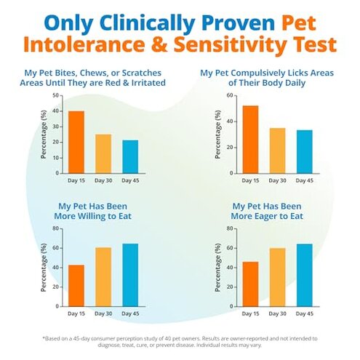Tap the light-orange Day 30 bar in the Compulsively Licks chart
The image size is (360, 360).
[277, 151]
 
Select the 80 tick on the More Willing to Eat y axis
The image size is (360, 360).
[57, 228]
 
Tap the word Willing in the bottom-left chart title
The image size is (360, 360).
[107, 216]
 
